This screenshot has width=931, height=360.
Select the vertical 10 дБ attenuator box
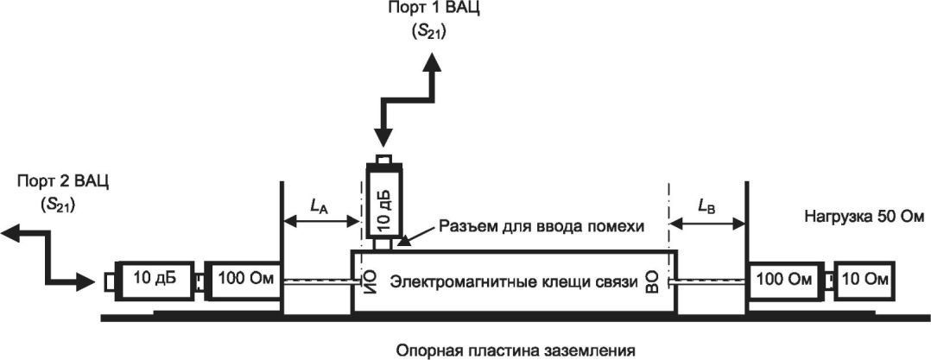(384, 203)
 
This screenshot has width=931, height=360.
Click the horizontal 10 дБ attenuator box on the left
(152, 280)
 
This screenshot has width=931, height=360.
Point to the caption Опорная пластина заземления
(516, 351)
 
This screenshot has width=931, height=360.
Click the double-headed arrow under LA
(322, 222)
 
